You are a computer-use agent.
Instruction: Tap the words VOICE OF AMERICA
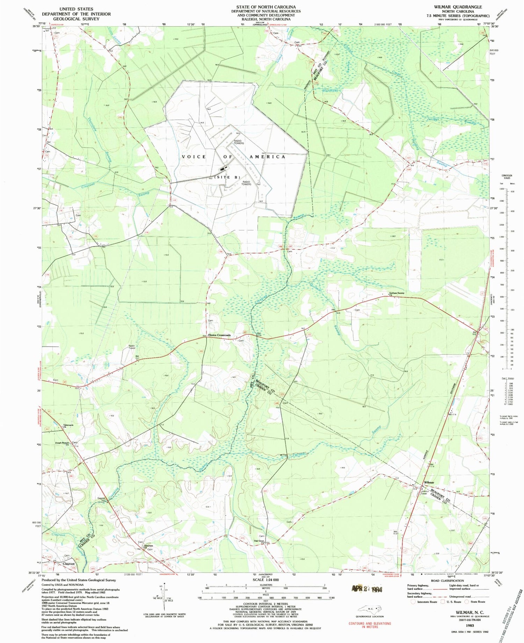(x=233, y=157)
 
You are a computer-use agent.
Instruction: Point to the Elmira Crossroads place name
(x=219, y=335)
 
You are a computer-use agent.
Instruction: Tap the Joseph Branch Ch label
(x=62, y=444)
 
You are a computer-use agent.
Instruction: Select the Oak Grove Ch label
(x=259, y=542)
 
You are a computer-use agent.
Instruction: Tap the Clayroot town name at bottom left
(x=68, y=564)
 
